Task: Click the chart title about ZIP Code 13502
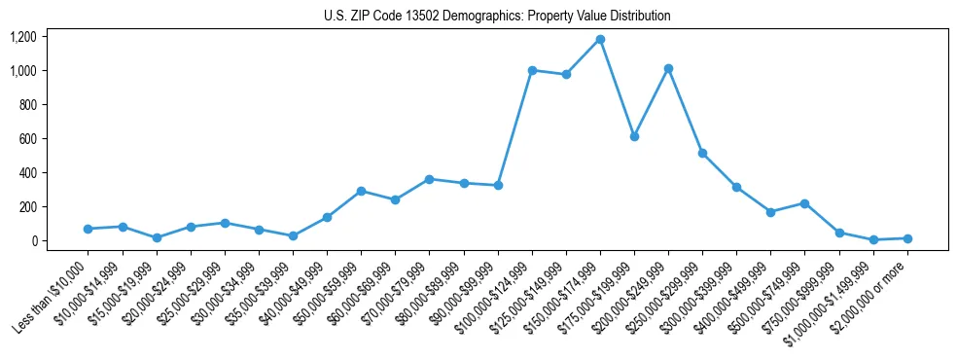497,17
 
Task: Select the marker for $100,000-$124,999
532,70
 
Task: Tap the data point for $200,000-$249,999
668,69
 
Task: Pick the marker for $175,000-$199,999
634,136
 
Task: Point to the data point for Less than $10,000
89,229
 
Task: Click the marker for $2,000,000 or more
907,238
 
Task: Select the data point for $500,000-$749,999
804,203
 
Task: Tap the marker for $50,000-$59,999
361,191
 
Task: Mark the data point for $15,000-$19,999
157,237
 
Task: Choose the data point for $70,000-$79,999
429,179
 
